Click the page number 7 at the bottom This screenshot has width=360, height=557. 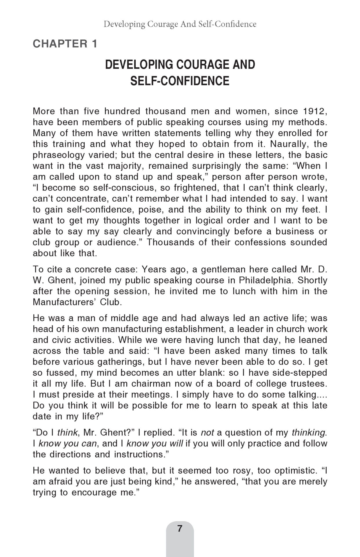180,529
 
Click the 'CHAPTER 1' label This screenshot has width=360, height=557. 65,44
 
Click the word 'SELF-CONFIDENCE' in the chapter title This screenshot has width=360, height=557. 180,81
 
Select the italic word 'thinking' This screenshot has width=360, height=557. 308,433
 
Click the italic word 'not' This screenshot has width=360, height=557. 207,433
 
